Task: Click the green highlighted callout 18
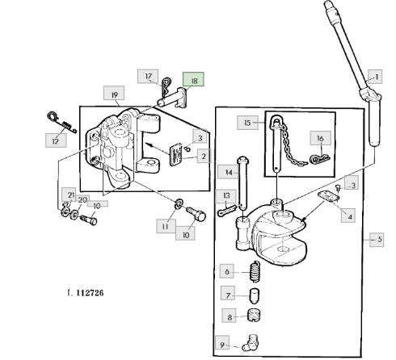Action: (x=193, y=79)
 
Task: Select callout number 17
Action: (x=148, y=76)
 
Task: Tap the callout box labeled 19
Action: (x=114, y=93)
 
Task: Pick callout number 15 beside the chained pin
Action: (x=247, y=123)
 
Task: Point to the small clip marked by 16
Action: (x=319, y=159)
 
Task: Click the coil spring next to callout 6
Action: (x=255, y=271)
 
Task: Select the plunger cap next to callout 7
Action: (x=255, y=295)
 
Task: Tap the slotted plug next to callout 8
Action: (x=254, y=316)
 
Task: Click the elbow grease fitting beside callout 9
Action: (x=251, y=343)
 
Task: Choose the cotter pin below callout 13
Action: (x=227, y=211)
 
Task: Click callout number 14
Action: (x=228, y=172)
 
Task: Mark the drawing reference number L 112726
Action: (x=86, y=292)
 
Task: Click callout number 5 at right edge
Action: (x=377, y=239)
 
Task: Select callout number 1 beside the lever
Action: (x=375, y=77)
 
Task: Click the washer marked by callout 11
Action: (x=179, y=203)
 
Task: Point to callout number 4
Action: (x=348, y=216)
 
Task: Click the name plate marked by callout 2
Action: (x=175, y=155)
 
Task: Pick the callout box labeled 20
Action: (x=82, y=199)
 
